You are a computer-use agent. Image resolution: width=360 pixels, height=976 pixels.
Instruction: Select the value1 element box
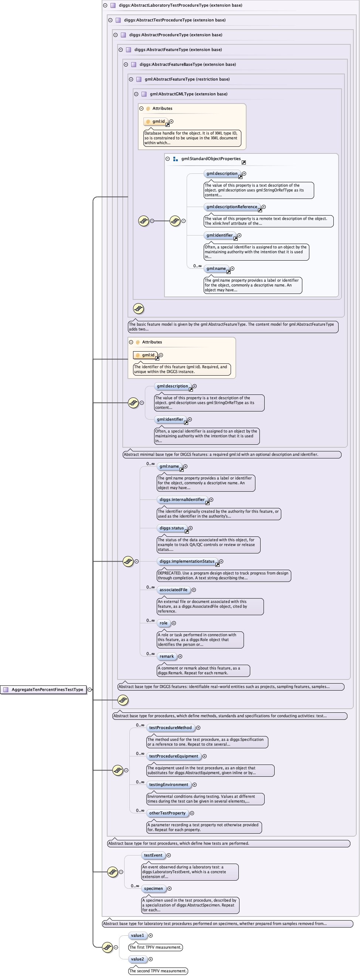click(137, 935)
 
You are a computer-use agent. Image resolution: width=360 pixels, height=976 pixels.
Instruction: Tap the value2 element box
click(137, 959)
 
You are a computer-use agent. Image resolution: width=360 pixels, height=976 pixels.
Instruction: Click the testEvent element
click(153, 855)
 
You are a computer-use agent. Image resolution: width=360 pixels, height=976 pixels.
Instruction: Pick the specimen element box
click(153, 888)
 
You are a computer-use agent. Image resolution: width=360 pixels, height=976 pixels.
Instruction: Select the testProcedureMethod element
click(170, 728)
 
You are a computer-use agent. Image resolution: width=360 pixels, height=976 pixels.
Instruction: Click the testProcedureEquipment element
click(174, 756)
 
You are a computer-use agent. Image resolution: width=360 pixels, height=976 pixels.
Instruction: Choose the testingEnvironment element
click(169, 784)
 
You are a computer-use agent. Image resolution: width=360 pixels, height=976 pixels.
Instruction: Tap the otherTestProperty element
click(167, 813)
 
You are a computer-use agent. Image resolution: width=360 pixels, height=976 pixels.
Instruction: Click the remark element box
click(167, 656)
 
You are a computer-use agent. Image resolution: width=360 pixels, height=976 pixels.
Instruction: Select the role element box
click(164, 623)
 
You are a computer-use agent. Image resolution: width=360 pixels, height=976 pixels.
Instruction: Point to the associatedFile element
click(174, 590)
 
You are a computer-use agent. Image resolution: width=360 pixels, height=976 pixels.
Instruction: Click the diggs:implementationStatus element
click(187, 562)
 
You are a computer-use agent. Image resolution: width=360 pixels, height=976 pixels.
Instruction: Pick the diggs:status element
click(171, 528)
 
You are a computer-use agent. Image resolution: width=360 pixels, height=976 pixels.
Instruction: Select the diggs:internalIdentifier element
click(182, 500)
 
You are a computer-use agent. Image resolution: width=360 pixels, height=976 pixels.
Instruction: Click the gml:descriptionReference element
click(232, 207)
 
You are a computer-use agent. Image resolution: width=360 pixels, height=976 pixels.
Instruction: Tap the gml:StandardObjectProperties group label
click(211, 159)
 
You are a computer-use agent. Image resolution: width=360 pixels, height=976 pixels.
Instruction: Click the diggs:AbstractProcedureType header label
click(176, 35)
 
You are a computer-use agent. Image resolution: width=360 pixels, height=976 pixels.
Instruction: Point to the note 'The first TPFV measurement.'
click(155, 947)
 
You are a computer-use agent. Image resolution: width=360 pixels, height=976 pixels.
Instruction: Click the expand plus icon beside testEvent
click(169, 855)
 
